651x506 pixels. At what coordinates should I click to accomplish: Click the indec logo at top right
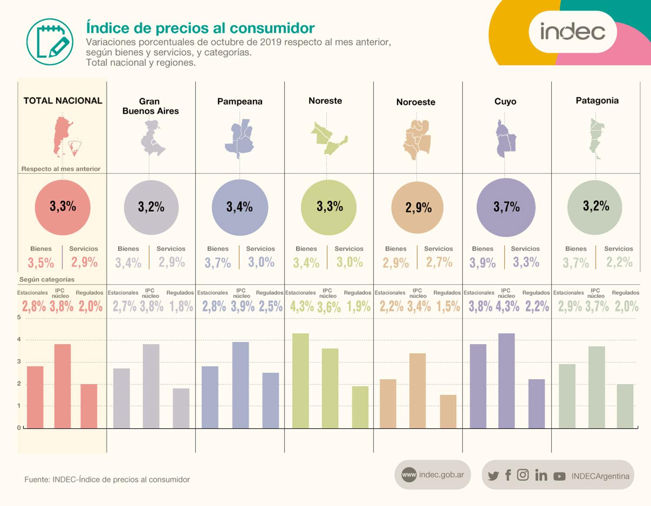572,32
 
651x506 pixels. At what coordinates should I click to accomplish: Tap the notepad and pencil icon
50,42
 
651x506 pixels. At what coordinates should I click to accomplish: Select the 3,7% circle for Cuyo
506,207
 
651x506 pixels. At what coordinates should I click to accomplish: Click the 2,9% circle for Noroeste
418,207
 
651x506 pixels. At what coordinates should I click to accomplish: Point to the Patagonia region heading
597,101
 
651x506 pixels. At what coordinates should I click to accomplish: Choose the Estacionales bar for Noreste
300,381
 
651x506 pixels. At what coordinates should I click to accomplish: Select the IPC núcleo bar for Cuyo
506,381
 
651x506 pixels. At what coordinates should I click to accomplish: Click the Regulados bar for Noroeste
448,411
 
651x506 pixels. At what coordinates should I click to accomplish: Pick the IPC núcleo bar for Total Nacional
62,386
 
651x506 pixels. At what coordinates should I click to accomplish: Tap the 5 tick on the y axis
19,317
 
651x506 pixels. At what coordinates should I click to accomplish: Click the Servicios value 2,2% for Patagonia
619,262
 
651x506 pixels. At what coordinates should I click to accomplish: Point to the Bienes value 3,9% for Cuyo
482,263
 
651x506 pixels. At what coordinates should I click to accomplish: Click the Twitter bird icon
493,476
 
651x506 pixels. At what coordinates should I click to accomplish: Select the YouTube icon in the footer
559,476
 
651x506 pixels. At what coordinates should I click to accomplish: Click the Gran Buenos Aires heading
150,106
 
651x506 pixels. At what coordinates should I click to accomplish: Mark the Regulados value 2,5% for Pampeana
270,306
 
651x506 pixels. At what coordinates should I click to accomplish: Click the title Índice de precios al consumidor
200,28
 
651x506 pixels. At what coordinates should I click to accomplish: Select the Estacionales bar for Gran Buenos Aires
122,398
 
